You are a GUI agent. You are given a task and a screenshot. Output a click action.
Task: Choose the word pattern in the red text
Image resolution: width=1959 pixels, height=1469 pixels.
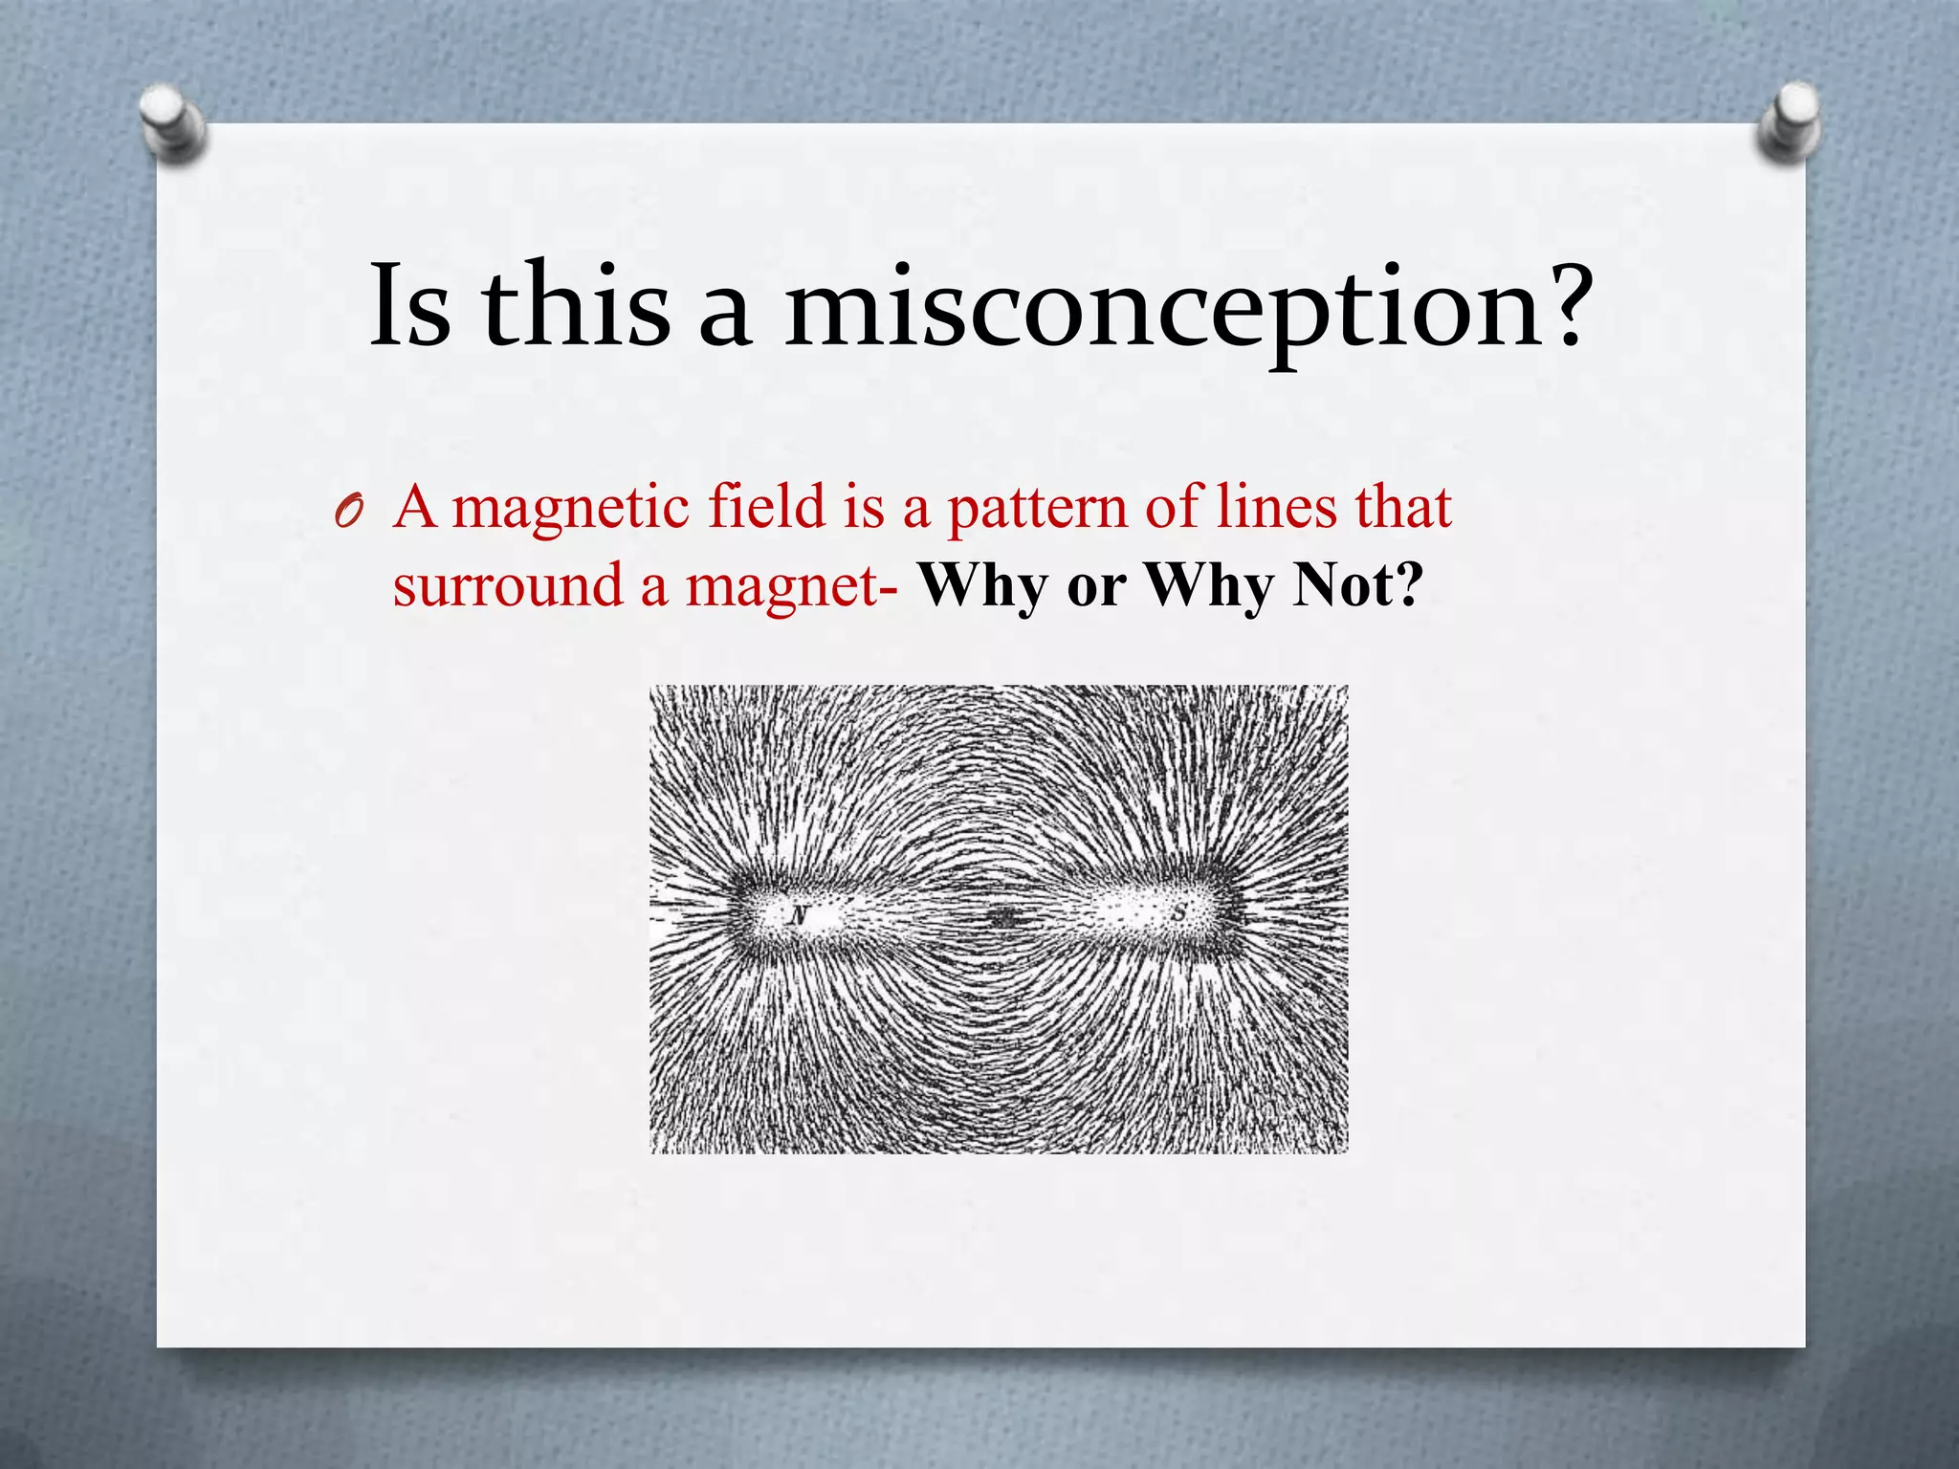(1037, 508)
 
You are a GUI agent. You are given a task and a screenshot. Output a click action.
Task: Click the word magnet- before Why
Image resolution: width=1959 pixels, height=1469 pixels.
(791, 586)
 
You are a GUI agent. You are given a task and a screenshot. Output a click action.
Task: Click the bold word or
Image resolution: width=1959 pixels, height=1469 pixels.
(1096, 586)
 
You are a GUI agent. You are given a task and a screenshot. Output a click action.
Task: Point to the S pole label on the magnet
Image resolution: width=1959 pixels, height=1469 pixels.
(1178, 913)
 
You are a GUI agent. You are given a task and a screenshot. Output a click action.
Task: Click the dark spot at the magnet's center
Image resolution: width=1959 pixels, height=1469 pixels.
(1002, 919)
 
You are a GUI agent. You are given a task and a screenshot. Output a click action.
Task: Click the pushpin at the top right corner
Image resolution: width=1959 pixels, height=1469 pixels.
(1788, 121)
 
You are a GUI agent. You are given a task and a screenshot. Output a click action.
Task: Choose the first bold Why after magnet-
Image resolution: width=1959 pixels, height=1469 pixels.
(982, 584)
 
